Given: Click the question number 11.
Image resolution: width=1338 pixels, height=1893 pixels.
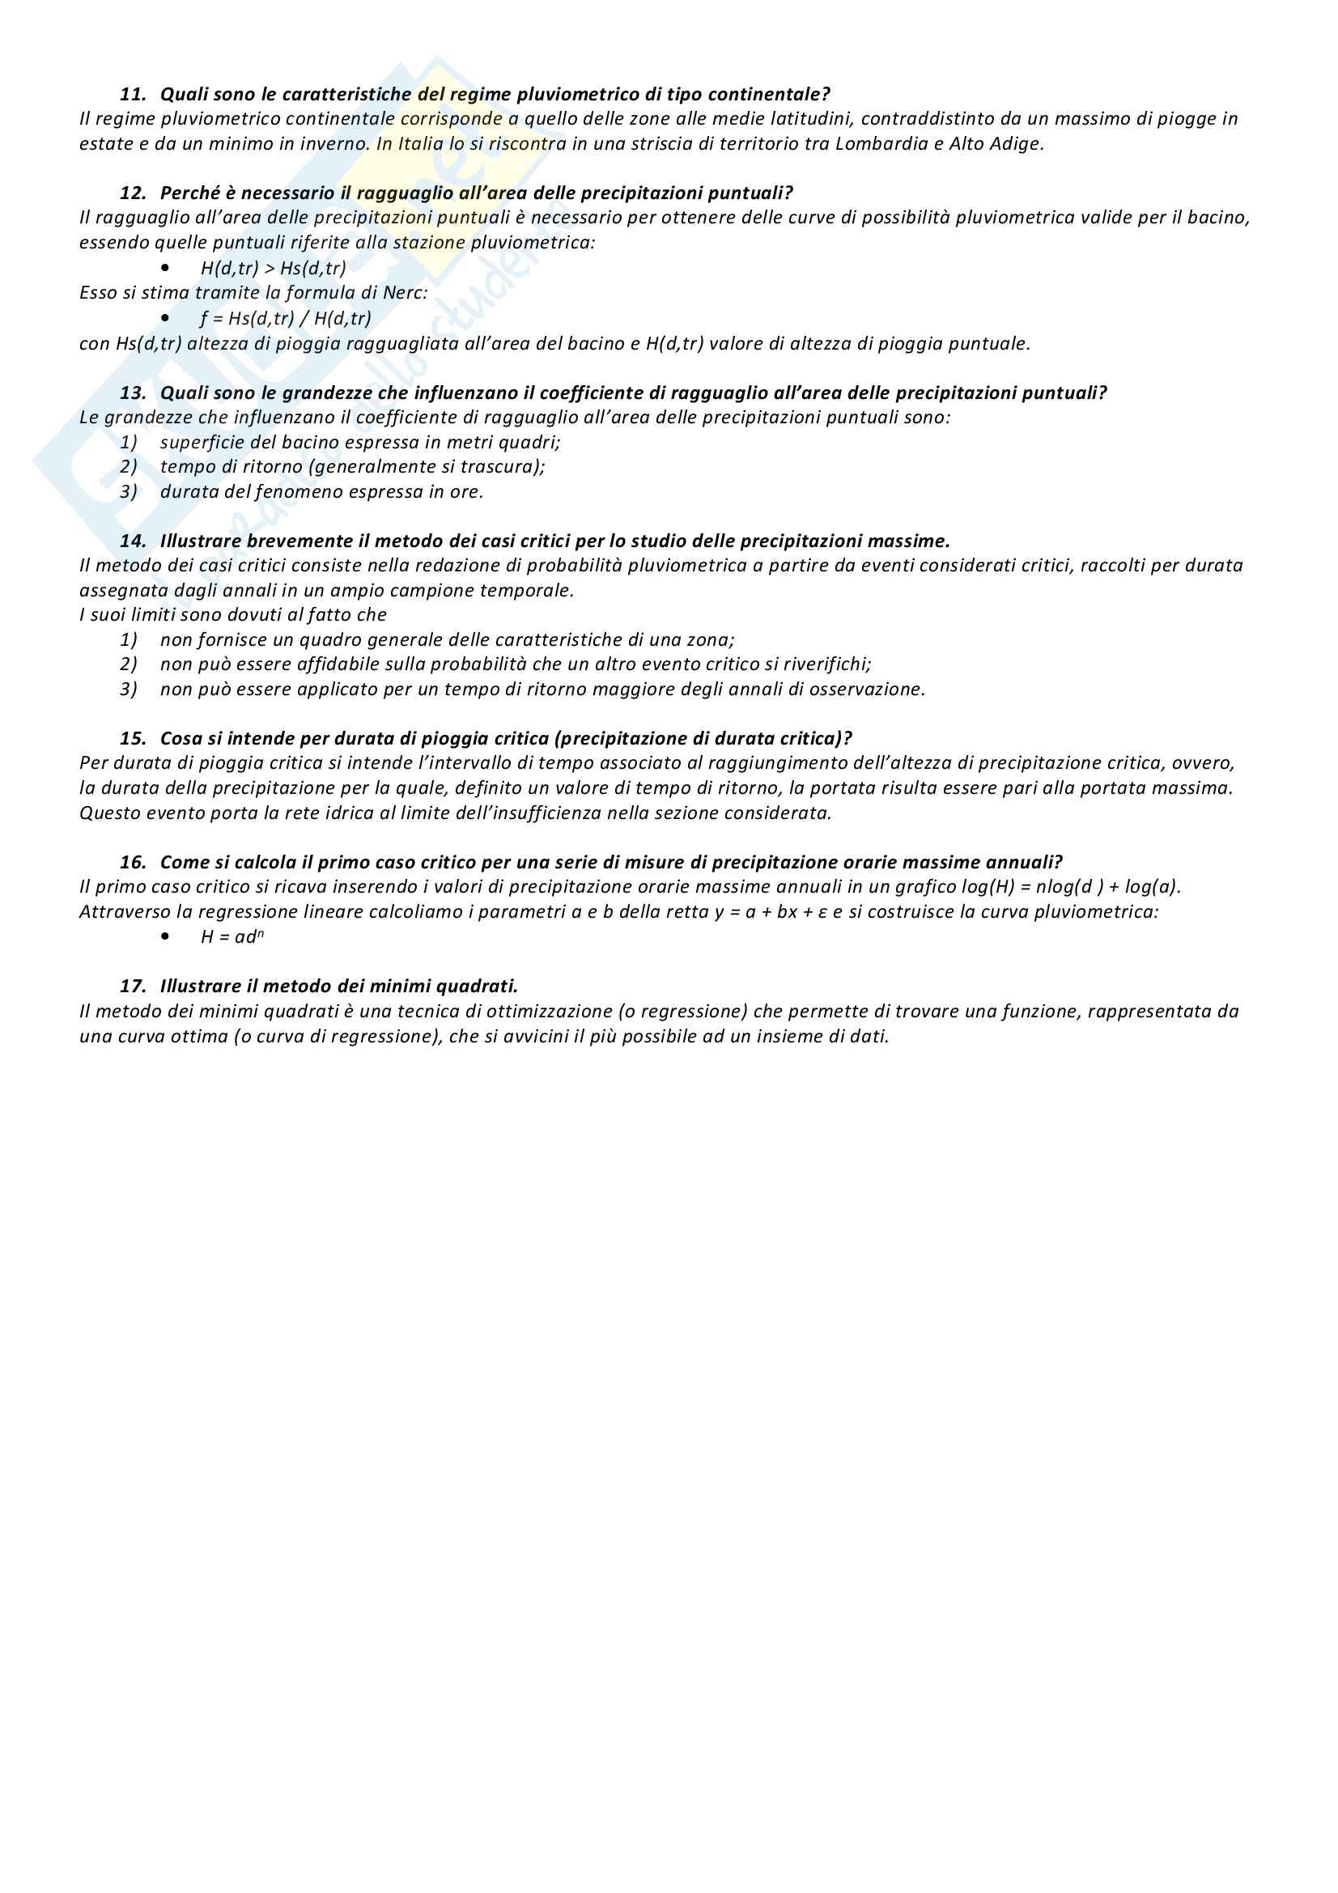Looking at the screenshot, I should (x=132, y=95).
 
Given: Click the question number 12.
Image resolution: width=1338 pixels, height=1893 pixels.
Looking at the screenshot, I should (x=132, y=193).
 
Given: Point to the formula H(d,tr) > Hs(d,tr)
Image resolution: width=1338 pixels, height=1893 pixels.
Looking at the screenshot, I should (x=273, y=268).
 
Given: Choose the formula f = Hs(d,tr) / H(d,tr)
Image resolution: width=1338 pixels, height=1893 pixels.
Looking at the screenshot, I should (x=285, y=318).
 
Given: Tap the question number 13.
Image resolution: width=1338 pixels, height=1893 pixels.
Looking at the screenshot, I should (x=132, y=393).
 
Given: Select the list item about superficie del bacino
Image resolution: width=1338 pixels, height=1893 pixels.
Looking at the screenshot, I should (x=359, y=443).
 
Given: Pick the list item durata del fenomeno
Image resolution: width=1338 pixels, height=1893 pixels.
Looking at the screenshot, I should (x=321, y=492).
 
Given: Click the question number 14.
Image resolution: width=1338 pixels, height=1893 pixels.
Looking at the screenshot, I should (x=132, y=541).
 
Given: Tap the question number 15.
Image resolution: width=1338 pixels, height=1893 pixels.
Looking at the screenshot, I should (x=132, y=739).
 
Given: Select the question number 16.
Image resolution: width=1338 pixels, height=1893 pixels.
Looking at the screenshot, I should (x=132, y=864).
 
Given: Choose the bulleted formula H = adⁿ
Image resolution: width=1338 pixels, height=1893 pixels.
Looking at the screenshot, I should (x=231, y=937).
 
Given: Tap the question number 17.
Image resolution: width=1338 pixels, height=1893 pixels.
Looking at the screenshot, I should (x=132, y=987).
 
